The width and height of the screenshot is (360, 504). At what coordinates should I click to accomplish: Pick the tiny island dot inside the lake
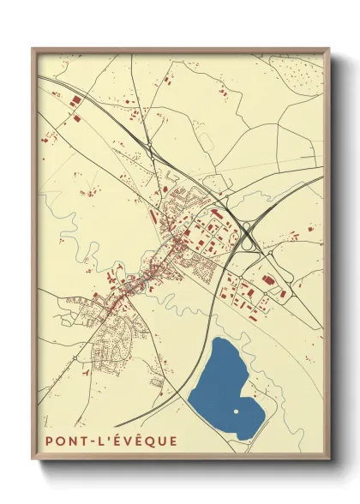coord(236,411)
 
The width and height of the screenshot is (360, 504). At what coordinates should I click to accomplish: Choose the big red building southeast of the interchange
coord(266,279)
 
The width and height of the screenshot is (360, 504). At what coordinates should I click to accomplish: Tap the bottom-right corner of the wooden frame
coord(328,461)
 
